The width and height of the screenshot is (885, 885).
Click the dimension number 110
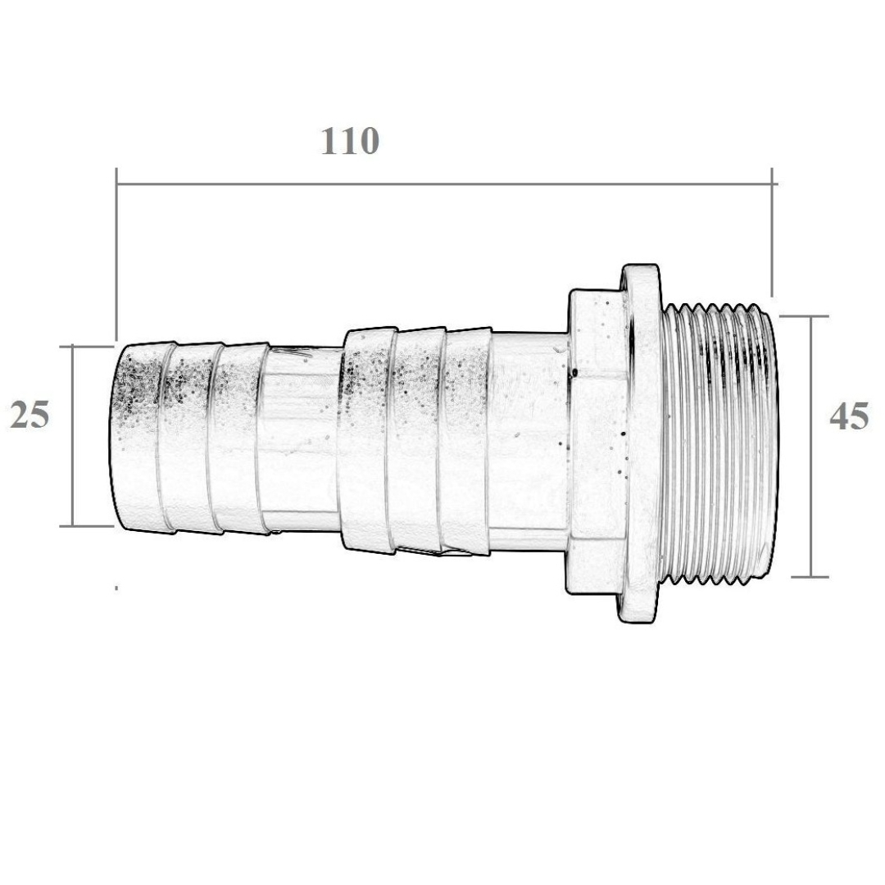click(350, 141)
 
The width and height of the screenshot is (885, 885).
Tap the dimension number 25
click(30, 415)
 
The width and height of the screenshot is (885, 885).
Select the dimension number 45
click(849, 417)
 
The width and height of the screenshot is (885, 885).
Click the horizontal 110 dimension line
click(447, 184)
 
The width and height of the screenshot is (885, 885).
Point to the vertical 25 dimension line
click(73, 436)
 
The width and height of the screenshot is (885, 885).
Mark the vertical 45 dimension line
click(811, 447)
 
